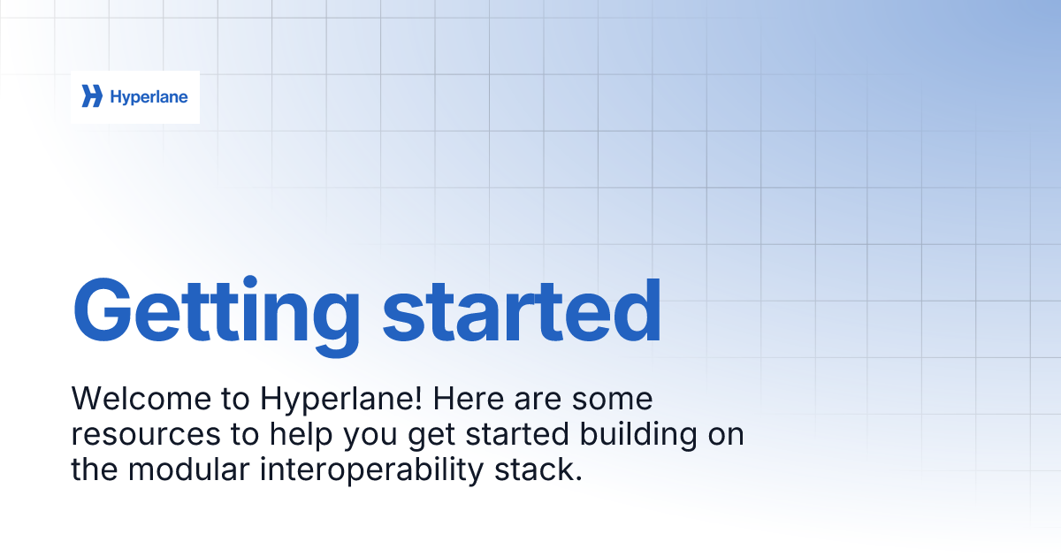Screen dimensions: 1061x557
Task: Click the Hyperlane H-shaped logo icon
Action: (92, 96)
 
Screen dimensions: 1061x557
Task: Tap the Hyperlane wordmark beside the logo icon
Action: (149, 97)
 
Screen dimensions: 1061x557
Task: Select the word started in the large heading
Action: (522, 310)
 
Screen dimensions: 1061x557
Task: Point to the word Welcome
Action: (141, 399)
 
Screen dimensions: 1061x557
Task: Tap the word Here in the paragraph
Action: (469, 399)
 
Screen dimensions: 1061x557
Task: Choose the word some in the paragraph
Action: (613, 400)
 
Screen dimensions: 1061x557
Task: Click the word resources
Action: (146, 435)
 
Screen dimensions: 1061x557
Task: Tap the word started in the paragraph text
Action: (517, 434)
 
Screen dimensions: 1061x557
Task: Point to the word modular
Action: (188, 469)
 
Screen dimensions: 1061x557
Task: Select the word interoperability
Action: (372, 471)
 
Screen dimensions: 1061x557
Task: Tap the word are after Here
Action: (538, 400)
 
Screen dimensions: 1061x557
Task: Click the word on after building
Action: (726, 435)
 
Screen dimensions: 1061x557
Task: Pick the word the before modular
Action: (95, 469)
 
